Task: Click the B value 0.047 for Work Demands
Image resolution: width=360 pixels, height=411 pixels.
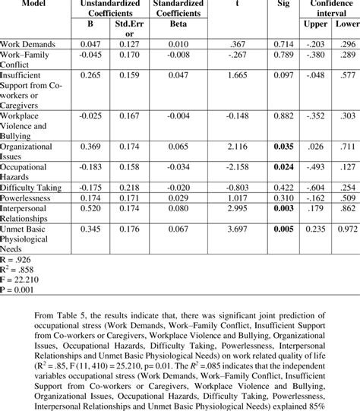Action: pyautogui.click(x=90, y=46)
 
